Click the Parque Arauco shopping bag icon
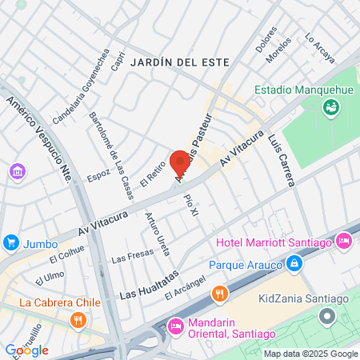tap(294, 262)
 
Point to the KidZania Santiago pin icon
tap(326, 317)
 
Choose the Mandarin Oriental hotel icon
tap(176, 326)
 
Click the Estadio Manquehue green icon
tap(330, 106)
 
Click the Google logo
tap(26, 350)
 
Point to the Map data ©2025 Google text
tap(311, 354)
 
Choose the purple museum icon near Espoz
tap(17, 172)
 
